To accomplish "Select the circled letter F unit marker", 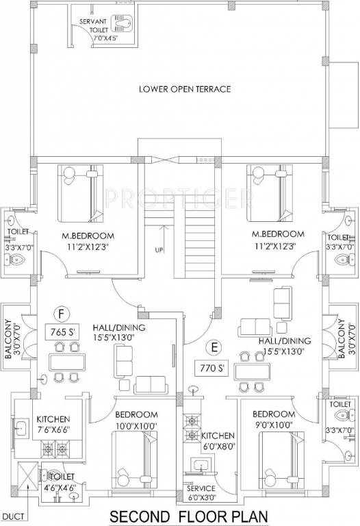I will pos(62,314).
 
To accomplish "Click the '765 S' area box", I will pos(62,332).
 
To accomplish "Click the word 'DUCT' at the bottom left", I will pos(14,515).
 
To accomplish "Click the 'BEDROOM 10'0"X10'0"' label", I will pos(136,420).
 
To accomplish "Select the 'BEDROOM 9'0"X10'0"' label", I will pos(274,420).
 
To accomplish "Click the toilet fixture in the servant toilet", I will pos(124,25).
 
